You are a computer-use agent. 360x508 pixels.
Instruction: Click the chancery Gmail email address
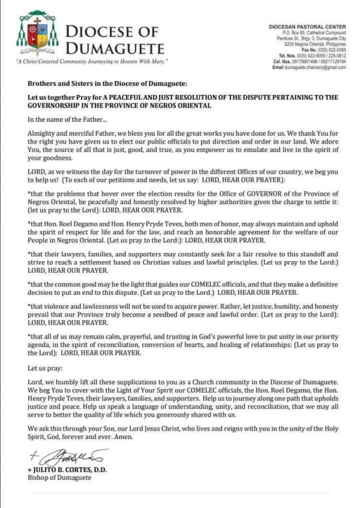[x=317, y=67]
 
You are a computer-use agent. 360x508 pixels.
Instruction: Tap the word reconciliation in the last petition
[x=136, y=345]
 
